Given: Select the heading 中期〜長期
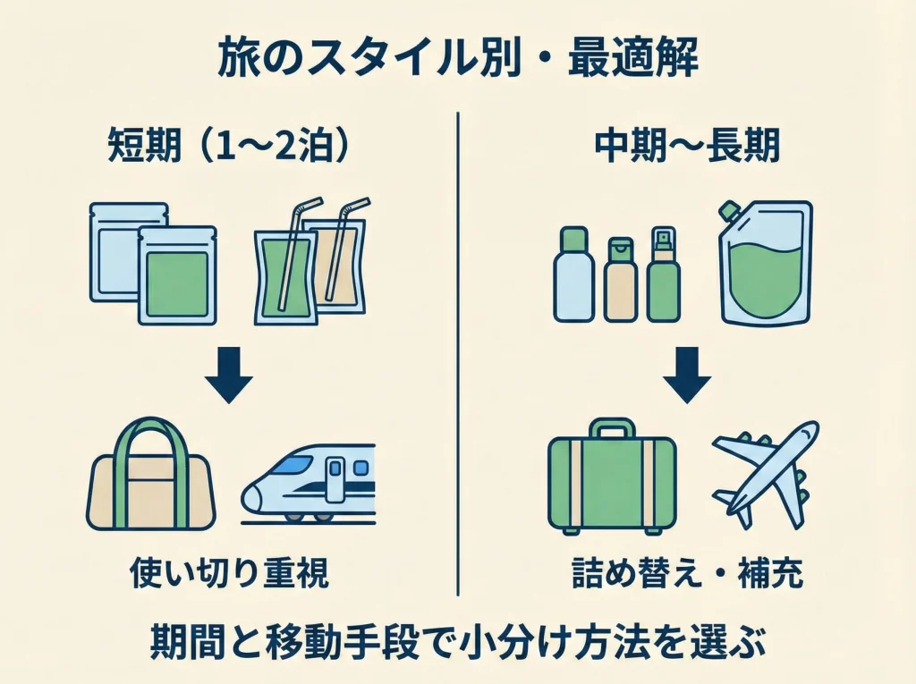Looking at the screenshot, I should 687,147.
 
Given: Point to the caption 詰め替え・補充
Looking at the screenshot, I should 687,573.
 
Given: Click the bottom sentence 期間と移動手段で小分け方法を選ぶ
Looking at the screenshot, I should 457,642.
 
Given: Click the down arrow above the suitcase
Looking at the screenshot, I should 687,379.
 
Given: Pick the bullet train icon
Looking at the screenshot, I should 309,483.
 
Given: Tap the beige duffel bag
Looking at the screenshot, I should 149,483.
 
